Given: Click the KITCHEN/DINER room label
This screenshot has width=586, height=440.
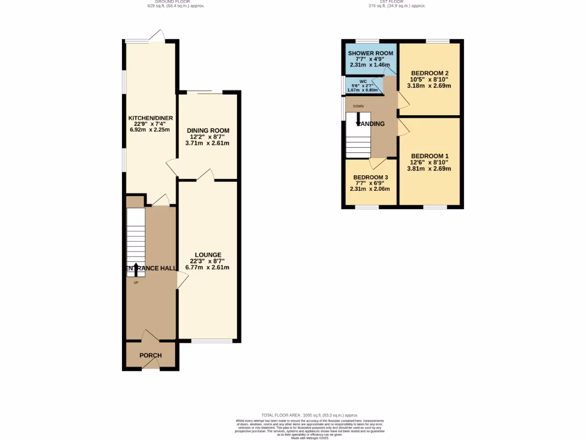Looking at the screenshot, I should pos(151,118).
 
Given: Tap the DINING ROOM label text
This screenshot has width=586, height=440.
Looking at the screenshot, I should pos(208,131).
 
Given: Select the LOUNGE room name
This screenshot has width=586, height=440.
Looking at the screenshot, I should pos(208,255).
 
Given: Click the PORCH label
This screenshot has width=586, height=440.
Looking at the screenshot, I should pos(151,355).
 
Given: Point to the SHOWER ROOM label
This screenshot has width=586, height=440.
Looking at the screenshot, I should pos(370,53).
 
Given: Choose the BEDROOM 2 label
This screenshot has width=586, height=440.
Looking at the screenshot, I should pos(429,73).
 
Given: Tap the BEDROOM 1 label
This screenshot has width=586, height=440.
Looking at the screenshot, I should pos(429,156).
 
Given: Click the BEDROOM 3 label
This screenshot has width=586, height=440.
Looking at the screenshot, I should pos(370,177).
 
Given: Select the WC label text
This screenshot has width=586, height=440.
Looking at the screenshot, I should pos(363,82).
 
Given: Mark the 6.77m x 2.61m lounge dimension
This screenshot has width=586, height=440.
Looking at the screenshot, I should pos(208,268).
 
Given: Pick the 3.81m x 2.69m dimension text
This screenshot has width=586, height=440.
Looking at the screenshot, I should pos(429,169).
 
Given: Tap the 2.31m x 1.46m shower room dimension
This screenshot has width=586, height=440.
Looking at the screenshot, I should pos(370,65).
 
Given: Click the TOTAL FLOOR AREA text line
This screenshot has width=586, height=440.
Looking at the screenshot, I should pos(309,415).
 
